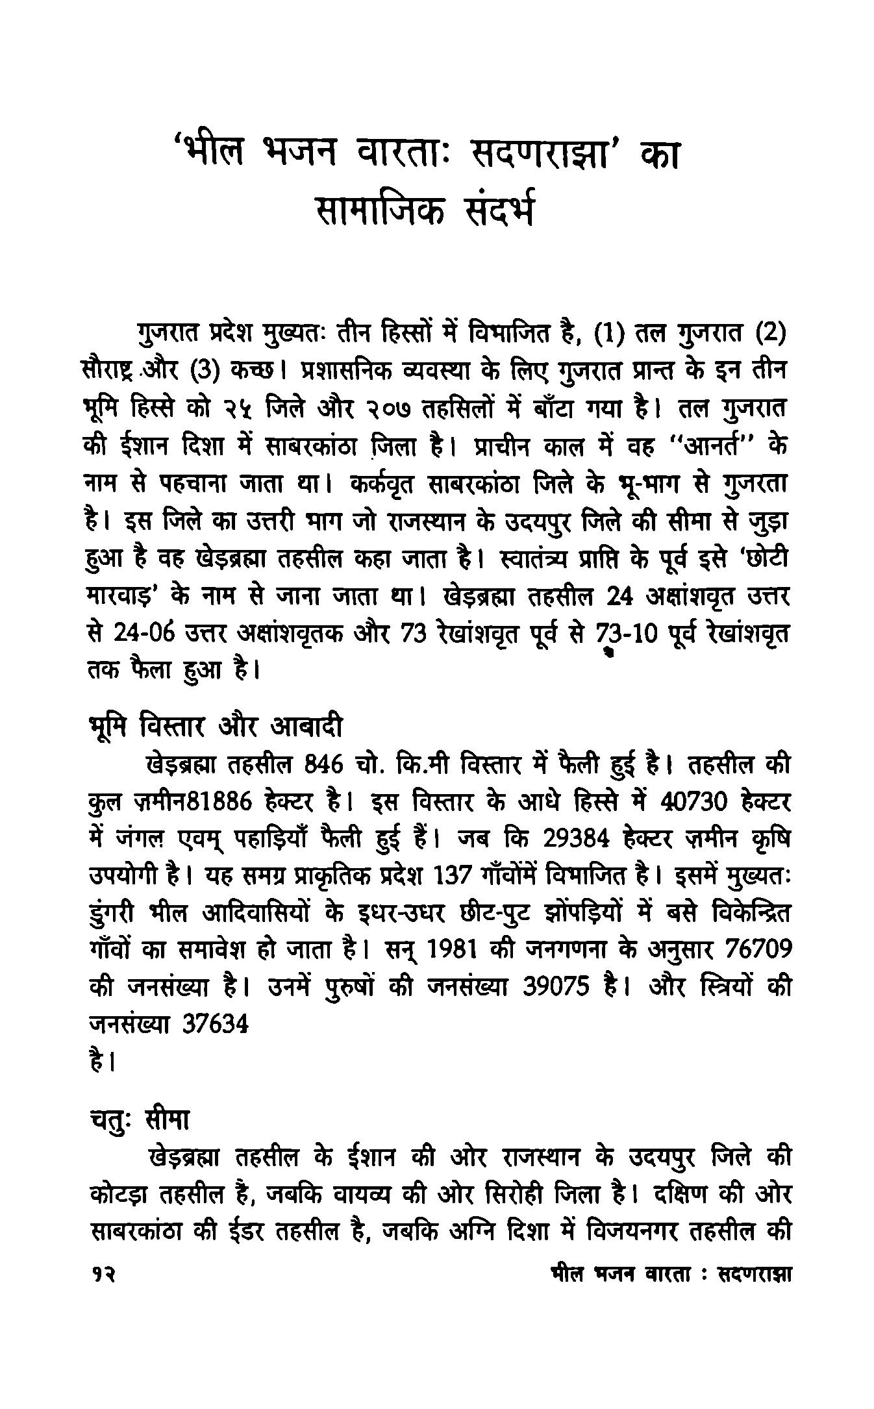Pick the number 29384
[x=576, y=840]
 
